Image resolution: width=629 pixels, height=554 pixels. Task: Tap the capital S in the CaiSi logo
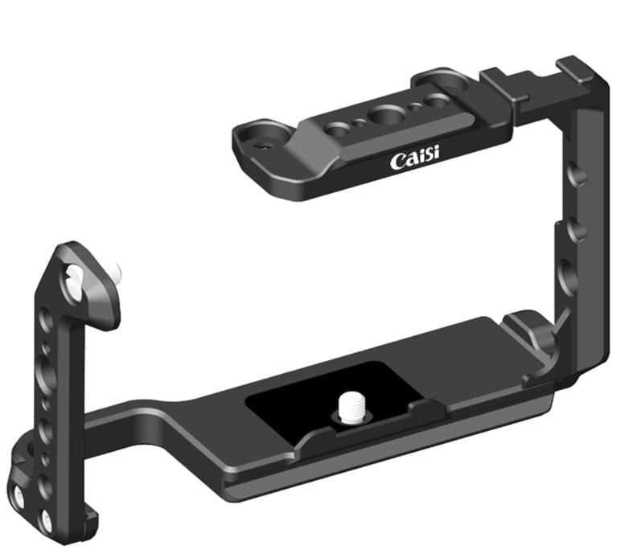pos(427,160)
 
